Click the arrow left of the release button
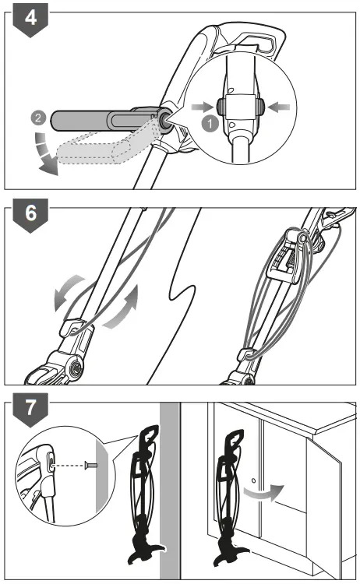pyautogui.click(x=203, y=103)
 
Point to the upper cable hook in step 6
pyautogui.click(x=292, y=234)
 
